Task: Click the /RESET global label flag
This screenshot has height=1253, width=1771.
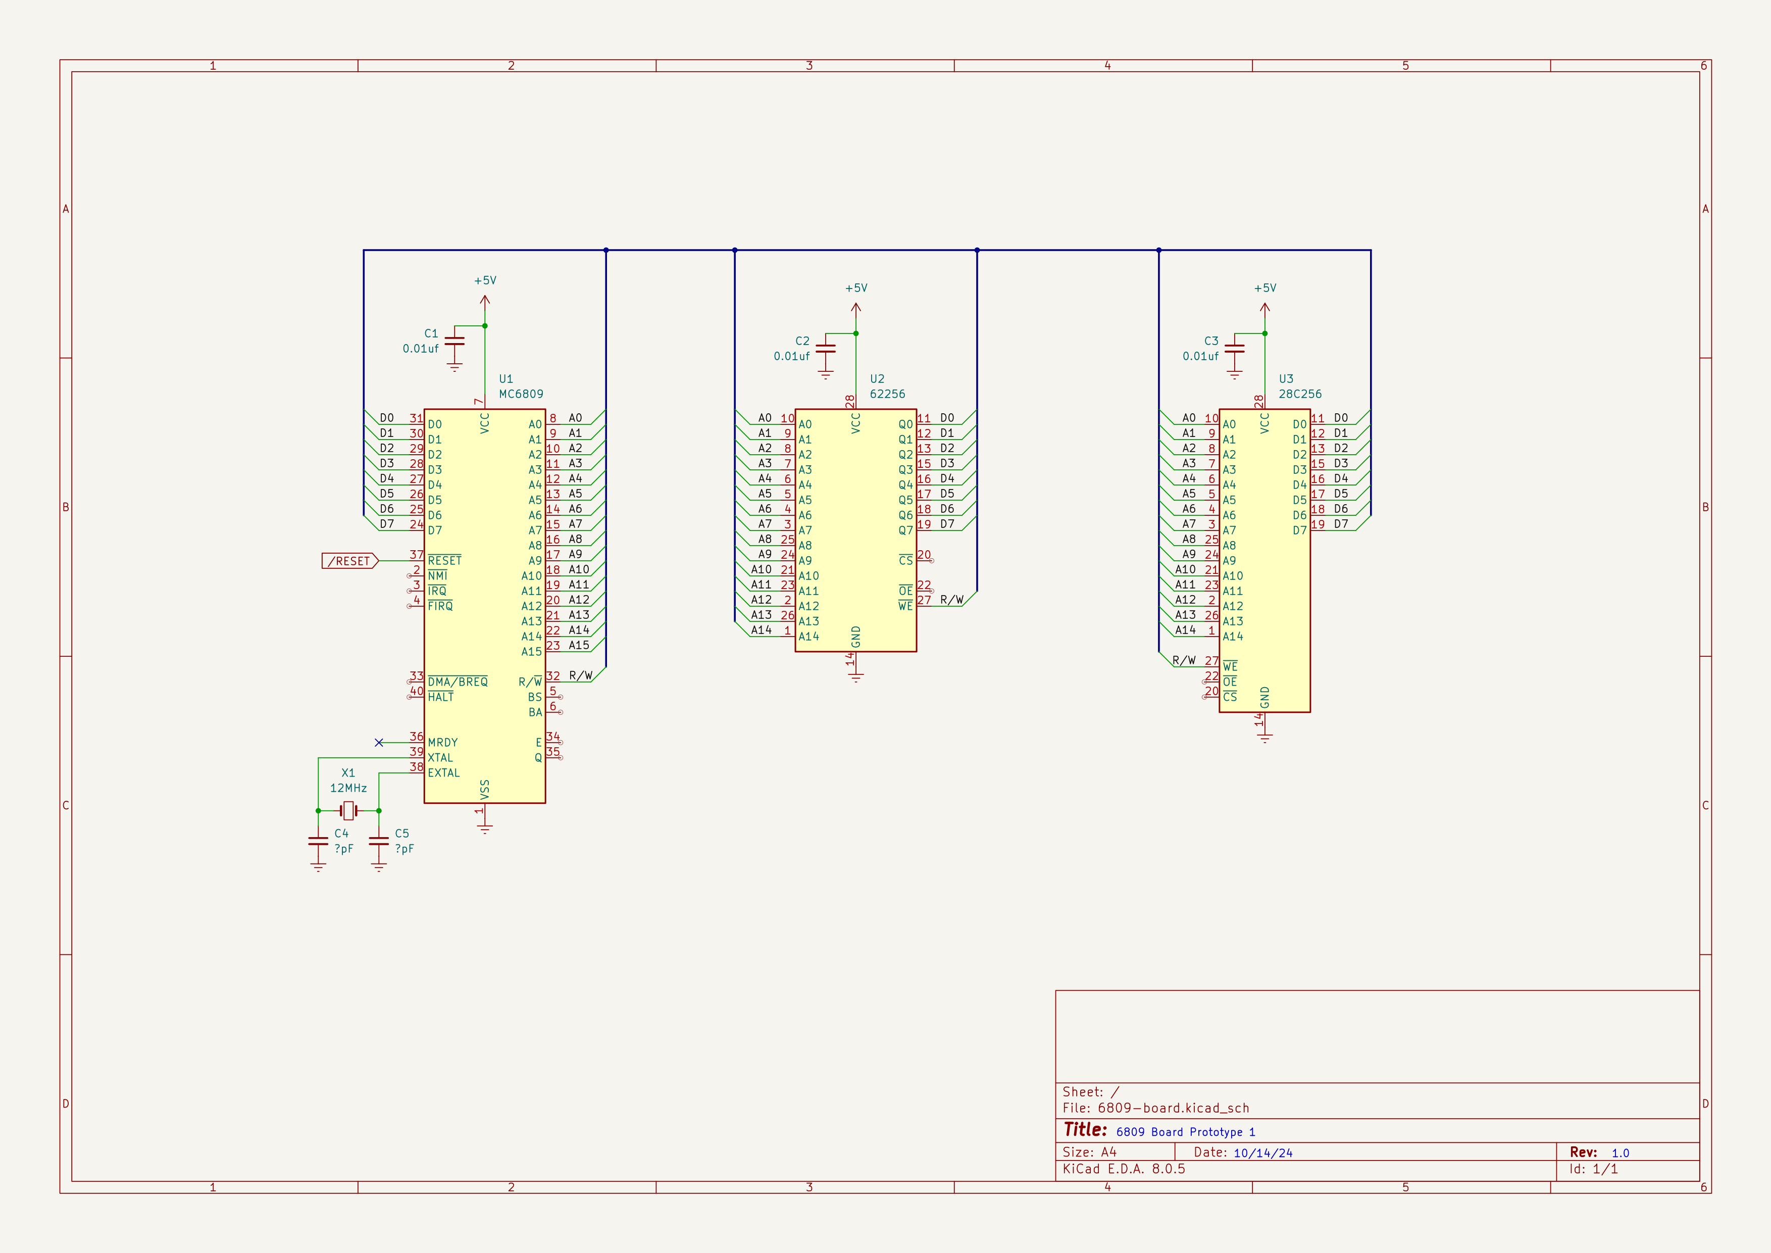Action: pyautogui.click(x=349, y=561)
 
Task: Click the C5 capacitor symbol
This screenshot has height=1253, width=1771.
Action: pyautogui.click(x=379, y=841)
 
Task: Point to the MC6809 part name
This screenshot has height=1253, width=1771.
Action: pyautogui.click(x=521, y=394)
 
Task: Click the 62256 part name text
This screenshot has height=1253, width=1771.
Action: pyautogui.click(x=887, y=394)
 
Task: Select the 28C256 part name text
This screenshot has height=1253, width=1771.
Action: pyautogui.click(x=1300, y=394)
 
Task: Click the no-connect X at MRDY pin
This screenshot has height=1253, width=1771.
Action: pyautogui.click(x=379, y=742)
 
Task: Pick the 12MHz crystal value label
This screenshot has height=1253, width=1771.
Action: pyautogui.click(x=348, y=788)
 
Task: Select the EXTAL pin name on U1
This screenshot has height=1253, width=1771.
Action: pyautogui.click(x=443, y=773)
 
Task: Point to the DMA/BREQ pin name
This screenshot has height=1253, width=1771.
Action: pyautogui.click(x=458, y=682)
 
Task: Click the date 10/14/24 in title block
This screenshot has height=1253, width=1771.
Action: pyautogui.click(x=1262, y=1152)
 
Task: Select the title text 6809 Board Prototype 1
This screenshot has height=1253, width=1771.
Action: pyautogui.click(x=1186, y=1132)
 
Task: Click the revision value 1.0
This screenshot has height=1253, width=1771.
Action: pyautogui.click(x=1620, y=1152)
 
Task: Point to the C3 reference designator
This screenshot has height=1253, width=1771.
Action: pyautogui.click(x=1211, y=341)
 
